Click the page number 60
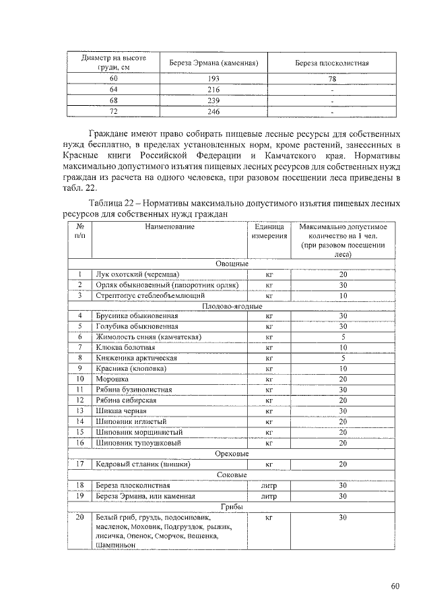(x=395, y=585)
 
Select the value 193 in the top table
(x=213, y=79)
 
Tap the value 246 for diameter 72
(x=213, y=111)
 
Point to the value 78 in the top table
(x=332, y=79)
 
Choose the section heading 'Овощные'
(x=232, y=264)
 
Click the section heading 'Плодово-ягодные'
(x=232, y=305)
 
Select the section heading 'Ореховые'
(x=232, y=454)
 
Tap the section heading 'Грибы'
(x=232, y=506)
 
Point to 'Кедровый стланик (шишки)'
(x=137, y=464)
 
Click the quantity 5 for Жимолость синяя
(x=343, y=337)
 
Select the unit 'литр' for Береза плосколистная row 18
(x=269, y=485)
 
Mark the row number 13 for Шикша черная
(x=79, y=411)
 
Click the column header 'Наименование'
(x=169, y=227)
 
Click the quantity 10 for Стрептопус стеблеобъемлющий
(x=343, y=295)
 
